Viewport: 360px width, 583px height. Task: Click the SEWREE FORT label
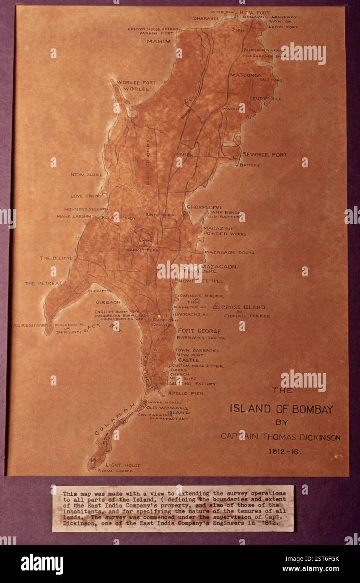coord(265,155)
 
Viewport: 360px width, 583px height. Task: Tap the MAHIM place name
coord(159,42)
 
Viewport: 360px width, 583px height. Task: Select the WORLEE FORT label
coord(136,83)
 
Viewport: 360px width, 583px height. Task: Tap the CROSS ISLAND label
coord(243,307)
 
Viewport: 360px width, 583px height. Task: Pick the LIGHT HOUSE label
coord(123,465)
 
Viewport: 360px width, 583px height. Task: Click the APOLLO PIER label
coord(185,393)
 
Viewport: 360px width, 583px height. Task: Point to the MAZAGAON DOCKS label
coord(229,252)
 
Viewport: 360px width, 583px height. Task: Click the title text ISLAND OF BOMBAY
coord(281,409)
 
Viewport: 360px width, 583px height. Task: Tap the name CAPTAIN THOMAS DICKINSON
coord(280,437)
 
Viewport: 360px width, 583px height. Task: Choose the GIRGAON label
coord(108,302)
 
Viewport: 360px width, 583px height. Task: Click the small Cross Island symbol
coord(216,307)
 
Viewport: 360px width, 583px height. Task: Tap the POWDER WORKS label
coord(225,234)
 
